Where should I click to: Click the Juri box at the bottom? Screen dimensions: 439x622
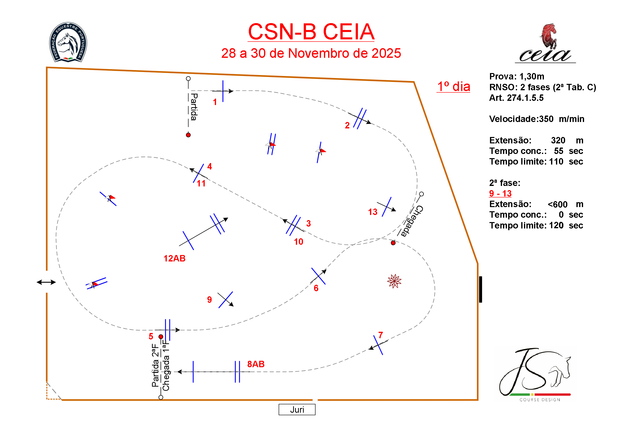pyautogui.click(x=297, y=409)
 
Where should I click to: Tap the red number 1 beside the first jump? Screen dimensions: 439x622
pyautogui.click(x=215, y=102)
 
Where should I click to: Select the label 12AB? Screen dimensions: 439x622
pyautogui.click(x=174, y=258)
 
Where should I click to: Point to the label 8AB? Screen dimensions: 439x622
pyautogui.click(x=256, y=364)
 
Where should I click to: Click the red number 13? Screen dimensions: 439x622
pyautogui.click(x=372, y=212)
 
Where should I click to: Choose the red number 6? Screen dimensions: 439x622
pyautogui.click(x=316, y=288)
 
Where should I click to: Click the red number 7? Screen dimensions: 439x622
pyautogui.click(x=381, y=335)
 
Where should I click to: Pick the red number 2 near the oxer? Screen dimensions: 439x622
pyautogui.click(x=347, y=125)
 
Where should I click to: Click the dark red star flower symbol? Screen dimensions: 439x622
pyautogui.click(x=394, y=281)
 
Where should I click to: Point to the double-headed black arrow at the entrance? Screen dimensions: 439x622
pyautogui.click(x=46, y=282)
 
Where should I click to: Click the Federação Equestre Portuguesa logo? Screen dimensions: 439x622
pyautogui.click(x=68, y=42)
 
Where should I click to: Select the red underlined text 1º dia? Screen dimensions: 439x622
pyautogui.click(x=454, y=87)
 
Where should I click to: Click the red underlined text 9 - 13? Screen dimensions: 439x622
pyautogui.click(x=500, y=193)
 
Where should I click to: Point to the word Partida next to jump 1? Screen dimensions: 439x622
pyautogui.click(x=194, y=107)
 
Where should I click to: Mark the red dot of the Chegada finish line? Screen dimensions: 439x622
pyautogui.click(x=393, y=243)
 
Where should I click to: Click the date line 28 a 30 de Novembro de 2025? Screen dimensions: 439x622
pyautogui.click(x=311, y=53)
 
